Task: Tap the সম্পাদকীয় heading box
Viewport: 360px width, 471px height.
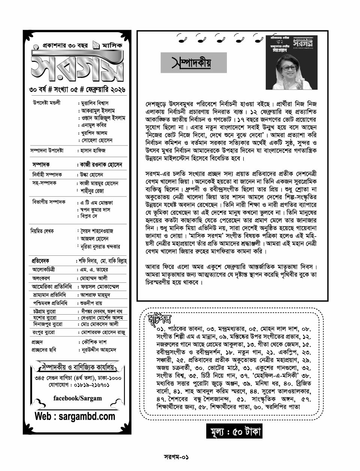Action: pos(193,63)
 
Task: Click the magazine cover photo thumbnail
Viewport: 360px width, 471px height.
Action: pos(291,62)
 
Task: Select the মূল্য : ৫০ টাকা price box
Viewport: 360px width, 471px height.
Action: pos(234,431)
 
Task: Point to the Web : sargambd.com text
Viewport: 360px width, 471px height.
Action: pos(75,416)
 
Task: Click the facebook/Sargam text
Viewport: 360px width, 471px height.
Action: pos(77,398)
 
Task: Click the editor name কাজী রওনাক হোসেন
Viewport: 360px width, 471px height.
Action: pos(101,165)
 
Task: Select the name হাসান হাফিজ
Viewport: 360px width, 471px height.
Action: pos(93,150)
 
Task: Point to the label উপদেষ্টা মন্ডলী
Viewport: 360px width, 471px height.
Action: pos(46,103)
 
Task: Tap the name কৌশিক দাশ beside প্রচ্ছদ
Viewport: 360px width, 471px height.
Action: pos(94,342)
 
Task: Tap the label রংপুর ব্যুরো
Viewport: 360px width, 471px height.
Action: pos(43,332)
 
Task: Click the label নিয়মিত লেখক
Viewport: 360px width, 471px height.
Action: pos(42,231)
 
